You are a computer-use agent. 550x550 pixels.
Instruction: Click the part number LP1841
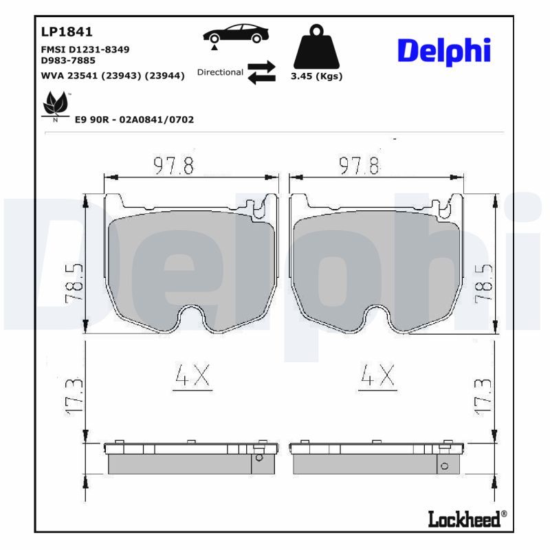(x=67, y=32)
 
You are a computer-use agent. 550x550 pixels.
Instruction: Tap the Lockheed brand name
(x=465, y=519)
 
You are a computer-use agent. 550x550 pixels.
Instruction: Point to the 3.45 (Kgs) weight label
(x=316, y=76)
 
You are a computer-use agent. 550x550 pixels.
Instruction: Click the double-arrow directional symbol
(x=261, y=72)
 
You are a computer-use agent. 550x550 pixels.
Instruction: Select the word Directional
(x=220, y=72)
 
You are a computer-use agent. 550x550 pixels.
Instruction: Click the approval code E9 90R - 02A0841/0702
(x=134, y=120)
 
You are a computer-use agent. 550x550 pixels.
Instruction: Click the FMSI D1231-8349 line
(x=86, y=49)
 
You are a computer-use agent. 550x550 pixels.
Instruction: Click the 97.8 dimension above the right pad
(x=360, y=166)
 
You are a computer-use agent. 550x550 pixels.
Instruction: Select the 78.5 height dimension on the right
(x=483, y=283)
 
